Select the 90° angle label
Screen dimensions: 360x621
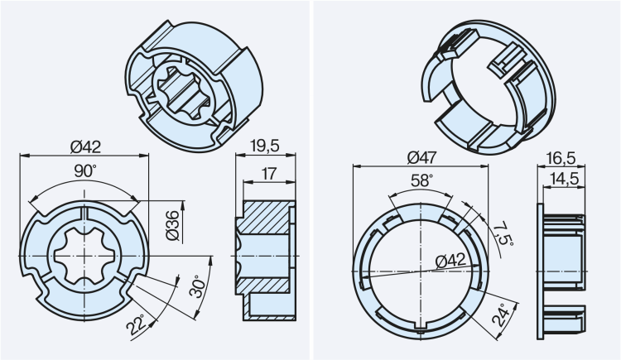coord(84,170)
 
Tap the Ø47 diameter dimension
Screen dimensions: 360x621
coord(424,156)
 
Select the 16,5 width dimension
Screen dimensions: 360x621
coord(562,156)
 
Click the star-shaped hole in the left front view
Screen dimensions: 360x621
coord(84,257)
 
